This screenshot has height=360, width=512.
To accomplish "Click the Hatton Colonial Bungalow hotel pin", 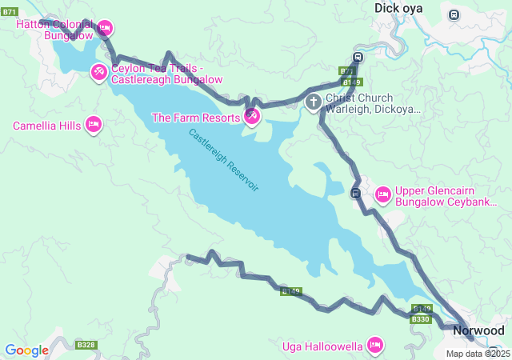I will click(x=105, y=29).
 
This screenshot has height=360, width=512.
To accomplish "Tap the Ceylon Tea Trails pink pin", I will click(x=98, y=73).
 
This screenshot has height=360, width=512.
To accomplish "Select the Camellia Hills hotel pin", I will click(x=94, y=125).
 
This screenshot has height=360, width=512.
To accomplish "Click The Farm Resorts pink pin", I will click(x=252, y=118).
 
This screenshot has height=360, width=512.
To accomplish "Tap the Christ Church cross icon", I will click(x=314, y=102).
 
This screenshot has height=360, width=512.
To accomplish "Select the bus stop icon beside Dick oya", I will click(x=454, y=14).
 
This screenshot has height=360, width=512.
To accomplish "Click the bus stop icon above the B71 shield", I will click(x=358, y=57).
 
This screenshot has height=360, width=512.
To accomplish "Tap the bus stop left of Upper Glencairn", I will click(x=356, y=193).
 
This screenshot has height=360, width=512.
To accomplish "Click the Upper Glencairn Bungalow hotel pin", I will click(x=382, y=194).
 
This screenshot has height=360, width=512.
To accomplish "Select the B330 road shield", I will click(x=421, y=319).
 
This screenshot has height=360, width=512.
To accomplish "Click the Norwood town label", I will click(x=478, y=330).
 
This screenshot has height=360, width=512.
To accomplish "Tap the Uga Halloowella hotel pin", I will click(x=374, y=346).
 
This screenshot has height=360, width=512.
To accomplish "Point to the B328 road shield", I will click(x=86, y=345).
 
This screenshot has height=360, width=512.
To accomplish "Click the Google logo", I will click(x=26, y=350).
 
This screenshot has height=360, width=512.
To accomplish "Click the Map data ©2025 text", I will click(x=478, y=354).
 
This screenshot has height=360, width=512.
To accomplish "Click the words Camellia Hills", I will click(x=46, y=126).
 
